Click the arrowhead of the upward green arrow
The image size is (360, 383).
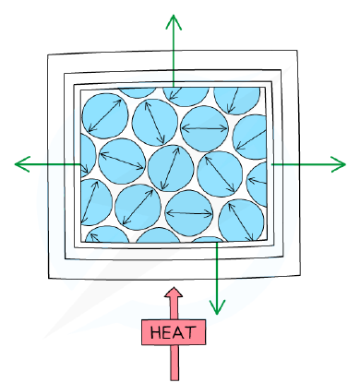pyautogui.click(x=174, y=20)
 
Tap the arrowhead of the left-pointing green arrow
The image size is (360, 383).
pyautogui.click(x=21, y=164)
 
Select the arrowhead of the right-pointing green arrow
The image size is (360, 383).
pyautogui.click(x=340, y=164)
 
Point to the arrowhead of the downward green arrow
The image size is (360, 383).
pyautogui.click(x=217, y=308)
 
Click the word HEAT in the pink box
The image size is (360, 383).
pyautogui.click(x=174, y=332)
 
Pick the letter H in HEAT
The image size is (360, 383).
pyautogui.click(x=156, y=332)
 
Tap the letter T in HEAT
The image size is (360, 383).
pyautogui.click(x=191, y=332)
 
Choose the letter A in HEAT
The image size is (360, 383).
pyautogui.click(x=180, y=332)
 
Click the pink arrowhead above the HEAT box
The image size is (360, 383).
pyautogui.click(x=174, y=293)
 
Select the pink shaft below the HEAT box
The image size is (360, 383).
pyautogui.click(x=174, y=363)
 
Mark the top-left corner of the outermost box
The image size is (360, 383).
pyautogui.click(x=48, y=55)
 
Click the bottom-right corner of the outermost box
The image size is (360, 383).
pyautogui.click(x=301, y=276)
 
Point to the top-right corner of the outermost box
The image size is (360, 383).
pyautogui.click(x=297, y=50)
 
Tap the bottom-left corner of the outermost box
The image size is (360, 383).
pyautogui.click(x=49, y=279)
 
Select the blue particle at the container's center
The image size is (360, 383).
pyautogui.click(x=171, y=168)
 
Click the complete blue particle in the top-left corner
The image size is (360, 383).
pyautogui.click(x=105, y=115)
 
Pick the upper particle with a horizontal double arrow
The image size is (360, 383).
pyautogui.click(x=204, y=128)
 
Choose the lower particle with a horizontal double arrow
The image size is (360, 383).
pyautogui.click(x=189, y=213)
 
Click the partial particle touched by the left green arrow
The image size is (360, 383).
pyautogui.click(x=88, y=156)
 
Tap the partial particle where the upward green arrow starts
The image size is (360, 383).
pyautogui.click(x=186, y=97)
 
